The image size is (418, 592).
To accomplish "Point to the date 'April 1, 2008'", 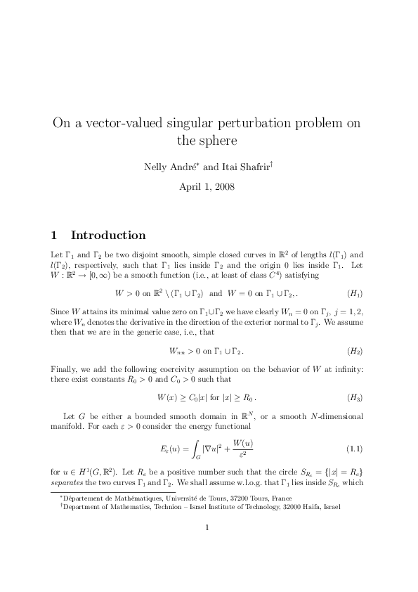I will pyautogui.click(x=209, y=187).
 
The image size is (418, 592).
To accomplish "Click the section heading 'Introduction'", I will pyautogui.click(x=108, y=235).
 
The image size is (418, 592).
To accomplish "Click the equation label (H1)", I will pyautogui.click(x=355, y=292).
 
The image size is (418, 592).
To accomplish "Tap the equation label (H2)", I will pyautogui.click(x=355, y=349).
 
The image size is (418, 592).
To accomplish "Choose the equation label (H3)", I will pyautogui.click(x=355, y=397).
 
